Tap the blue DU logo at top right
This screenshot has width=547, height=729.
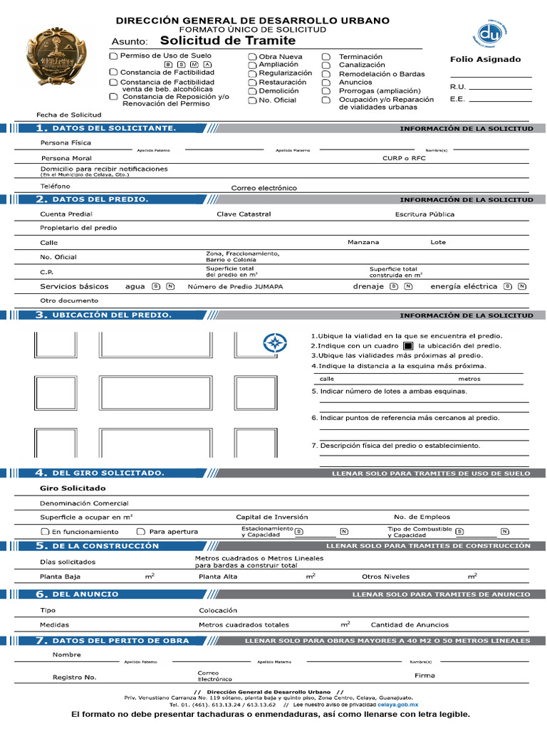(x=489, y=33)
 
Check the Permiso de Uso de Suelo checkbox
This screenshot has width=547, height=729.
(x=113, y=56)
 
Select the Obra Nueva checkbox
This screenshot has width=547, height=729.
(x=252, y=57)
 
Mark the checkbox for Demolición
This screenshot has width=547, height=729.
(x=252, y=92)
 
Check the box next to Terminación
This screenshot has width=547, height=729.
(x=326, y=57)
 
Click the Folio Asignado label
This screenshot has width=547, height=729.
(x=485, y=60)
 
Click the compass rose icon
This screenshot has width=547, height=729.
(x=274, y=343)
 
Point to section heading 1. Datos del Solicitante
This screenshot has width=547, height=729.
(x=106, y=128)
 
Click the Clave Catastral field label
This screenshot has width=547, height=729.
(x=244, y=214)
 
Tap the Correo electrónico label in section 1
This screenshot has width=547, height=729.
(x=264, y=188)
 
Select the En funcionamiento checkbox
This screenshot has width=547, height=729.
(x=44, y=532)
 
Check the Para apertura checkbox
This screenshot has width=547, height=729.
(x=141, y=532)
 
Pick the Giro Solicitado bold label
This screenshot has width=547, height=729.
(x=73, y=488)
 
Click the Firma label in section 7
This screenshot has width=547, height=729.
(x=424, y=674)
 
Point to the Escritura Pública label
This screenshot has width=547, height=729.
(x=424, y=214)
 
